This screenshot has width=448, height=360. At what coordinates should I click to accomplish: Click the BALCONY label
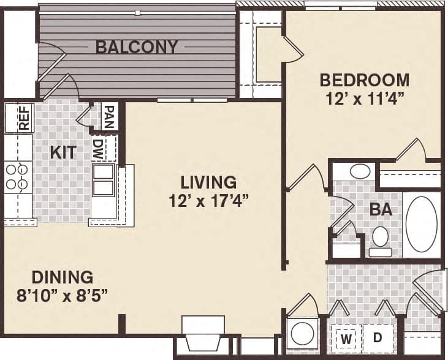[x=137, y=47]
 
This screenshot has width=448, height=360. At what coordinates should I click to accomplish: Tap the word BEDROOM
[x=365, y=80]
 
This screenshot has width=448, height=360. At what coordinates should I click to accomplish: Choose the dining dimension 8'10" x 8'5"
[x=63, y=294]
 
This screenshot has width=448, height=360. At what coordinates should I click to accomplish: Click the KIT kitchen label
[x=63, y=152]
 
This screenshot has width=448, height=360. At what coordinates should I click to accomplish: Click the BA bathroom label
[x=381, y=209]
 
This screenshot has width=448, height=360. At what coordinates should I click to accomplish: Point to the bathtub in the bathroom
[x=422, y=223]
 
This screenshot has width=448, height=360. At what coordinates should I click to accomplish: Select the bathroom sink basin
[x=360, y=171]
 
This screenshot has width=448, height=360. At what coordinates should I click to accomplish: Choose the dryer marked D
[x=378, y=337]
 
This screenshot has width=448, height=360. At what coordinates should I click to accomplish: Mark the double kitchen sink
[x=103, y=179]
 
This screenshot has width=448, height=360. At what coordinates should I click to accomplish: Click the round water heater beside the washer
[x=302, y=334]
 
